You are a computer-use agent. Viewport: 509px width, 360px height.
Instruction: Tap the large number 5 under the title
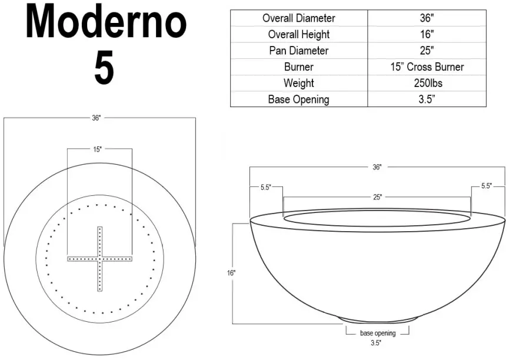coord(104,68)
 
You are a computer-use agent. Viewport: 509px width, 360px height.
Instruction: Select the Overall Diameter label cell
coord(298,18)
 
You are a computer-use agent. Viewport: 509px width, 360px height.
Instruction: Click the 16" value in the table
coord(427,34)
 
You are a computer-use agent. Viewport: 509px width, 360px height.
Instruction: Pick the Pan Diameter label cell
coord(298,51)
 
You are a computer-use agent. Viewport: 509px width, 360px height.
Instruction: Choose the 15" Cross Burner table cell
coord(427,66)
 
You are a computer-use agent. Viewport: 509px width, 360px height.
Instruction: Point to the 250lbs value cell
coord(427,83)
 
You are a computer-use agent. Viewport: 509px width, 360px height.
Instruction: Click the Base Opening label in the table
coord(298,99)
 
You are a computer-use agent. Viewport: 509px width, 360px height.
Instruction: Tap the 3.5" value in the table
coord(427,99)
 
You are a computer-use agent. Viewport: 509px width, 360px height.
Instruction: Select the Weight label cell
coord(298,83)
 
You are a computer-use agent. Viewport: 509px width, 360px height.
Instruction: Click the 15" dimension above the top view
coord(98,149)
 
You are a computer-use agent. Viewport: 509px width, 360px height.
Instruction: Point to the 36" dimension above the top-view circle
coord(97,118)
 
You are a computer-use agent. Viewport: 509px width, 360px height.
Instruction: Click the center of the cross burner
coord(100,258)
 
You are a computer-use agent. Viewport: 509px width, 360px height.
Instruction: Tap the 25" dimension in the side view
coord(377,197)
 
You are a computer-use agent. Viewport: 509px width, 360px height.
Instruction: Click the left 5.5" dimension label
coord(265,187)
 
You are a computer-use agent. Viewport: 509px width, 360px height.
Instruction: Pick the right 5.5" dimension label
coord(486,186)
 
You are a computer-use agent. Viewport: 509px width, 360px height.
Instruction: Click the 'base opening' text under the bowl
coord(377,334)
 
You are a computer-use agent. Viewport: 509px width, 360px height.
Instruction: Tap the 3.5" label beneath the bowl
coord(376,342)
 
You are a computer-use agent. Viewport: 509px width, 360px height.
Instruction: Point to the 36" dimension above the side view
coord(377,167)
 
